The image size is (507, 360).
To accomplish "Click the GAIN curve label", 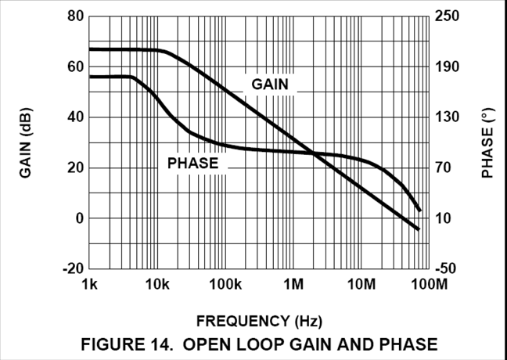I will click(x=270, y=84).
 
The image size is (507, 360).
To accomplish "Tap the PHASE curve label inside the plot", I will click(x=192, y=164).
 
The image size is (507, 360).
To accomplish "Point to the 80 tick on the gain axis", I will click(x=74, y=16).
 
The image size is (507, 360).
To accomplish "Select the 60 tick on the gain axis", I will click(x=74, y=67).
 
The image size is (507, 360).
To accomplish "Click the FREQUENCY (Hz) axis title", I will click(x=259, y=321).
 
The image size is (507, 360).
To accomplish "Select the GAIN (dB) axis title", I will click(x=26, y=142).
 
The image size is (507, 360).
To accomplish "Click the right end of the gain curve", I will click(x=419, y=229).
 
